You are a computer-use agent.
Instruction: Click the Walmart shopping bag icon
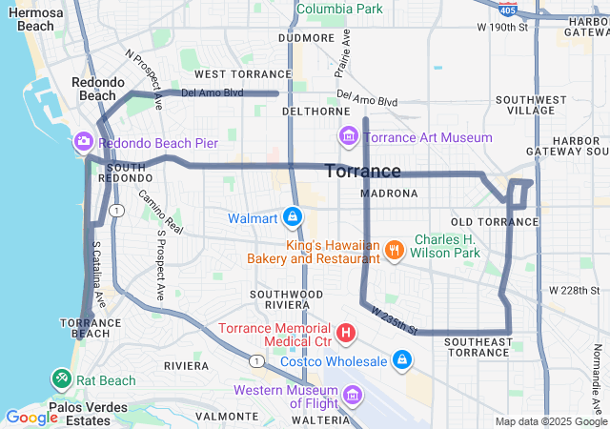coord(293,218)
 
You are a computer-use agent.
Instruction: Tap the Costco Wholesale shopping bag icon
coord(402,360)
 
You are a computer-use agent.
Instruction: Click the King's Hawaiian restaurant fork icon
coord(395,251)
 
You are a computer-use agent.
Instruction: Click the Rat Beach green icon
coord(62,379)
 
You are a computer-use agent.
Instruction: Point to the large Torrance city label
coord(363,172)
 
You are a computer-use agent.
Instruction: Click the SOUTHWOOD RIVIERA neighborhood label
coord(286,300)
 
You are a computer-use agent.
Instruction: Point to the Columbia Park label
coord(339,9)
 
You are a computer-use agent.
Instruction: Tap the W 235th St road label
coord(395,318)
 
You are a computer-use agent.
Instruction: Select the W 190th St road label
coord(503,27)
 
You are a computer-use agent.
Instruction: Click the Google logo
coord(31,418)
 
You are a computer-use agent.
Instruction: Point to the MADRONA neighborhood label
coord(390,194)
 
